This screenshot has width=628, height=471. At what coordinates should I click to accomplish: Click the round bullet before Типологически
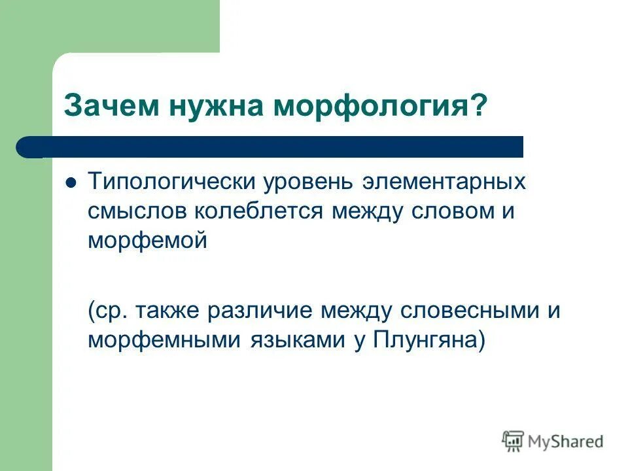coord(73,182)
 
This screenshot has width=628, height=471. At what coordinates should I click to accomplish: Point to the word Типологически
coord(171,181)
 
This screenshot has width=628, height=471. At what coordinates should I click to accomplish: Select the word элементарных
coord(444,181)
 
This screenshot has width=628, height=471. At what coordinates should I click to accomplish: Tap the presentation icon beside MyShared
coord(513,442)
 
